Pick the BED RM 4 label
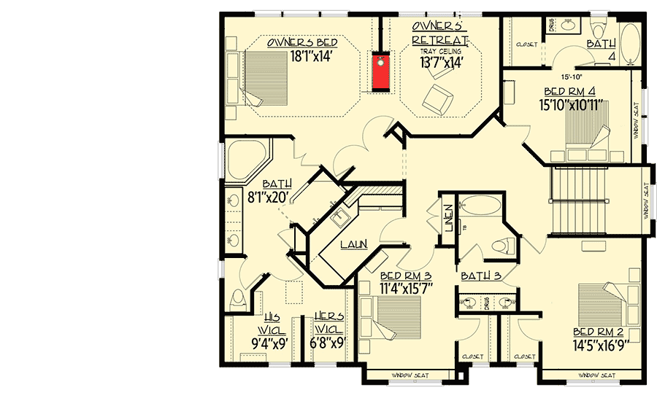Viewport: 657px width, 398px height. tap(574, 93)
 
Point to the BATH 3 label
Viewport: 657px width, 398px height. tap(480, 276)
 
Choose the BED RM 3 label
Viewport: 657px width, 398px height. tap(406, 275)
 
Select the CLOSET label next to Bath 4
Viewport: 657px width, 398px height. tap(526, 45)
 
